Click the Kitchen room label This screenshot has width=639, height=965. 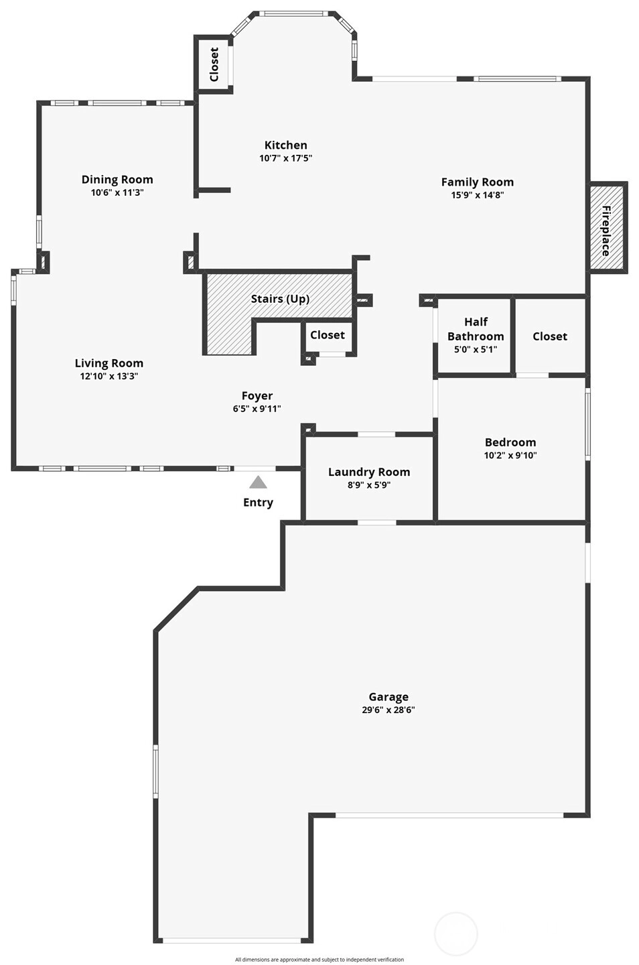pos(286,145)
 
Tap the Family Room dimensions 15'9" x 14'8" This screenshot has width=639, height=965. pos(478,195)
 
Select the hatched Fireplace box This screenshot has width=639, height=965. pos(607,227)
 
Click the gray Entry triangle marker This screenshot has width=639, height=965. pos(258,482)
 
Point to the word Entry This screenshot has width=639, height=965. pos(258,503)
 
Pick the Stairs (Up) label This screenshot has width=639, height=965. pos(280,299)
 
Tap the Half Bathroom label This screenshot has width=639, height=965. pos(476,329)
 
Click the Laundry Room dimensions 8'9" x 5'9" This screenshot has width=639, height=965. pos(369,485)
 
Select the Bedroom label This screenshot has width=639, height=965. pos(510,442)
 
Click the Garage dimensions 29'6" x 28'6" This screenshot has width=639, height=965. pos(388,710)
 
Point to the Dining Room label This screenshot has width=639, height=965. pos(117,180)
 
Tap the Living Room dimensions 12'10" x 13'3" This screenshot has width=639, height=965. pos(109,376)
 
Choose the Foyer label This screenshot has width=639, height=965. pos(257,396)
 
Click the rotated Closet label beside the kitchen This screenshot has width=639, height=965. pos(214,64)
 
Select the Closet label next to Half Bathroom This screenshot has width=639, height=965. pos(550,336)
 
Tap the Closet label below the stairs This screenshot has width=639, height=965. pos(328,335)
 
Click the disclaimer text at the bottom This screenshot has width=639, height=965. pos(319,960)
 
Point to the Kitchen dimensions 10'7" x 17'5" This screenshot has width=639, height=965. pos(285,158)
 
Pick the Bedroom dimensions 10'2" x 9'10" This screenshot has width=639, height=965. pos(510,456)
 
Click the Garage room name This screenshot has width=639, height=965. pos(388,697)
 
